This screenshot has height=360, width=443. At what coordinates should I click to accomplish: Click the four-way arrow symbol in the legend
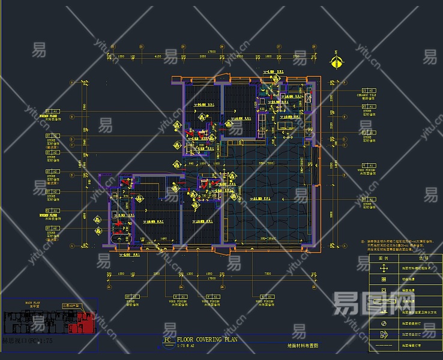pyautogui.click(x=384, y=268)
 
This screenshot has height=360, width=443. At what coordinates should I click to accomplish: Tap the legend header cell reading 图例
pyautogui.click(x=384, y=257)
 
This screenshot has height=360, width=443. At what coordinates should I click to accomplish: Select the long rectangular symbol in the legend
pyautogui.click(x=384, y=311)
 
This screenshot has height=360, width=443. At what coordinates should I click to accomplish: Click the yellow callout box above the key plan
pyautogui.click(x=71, y=306)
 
